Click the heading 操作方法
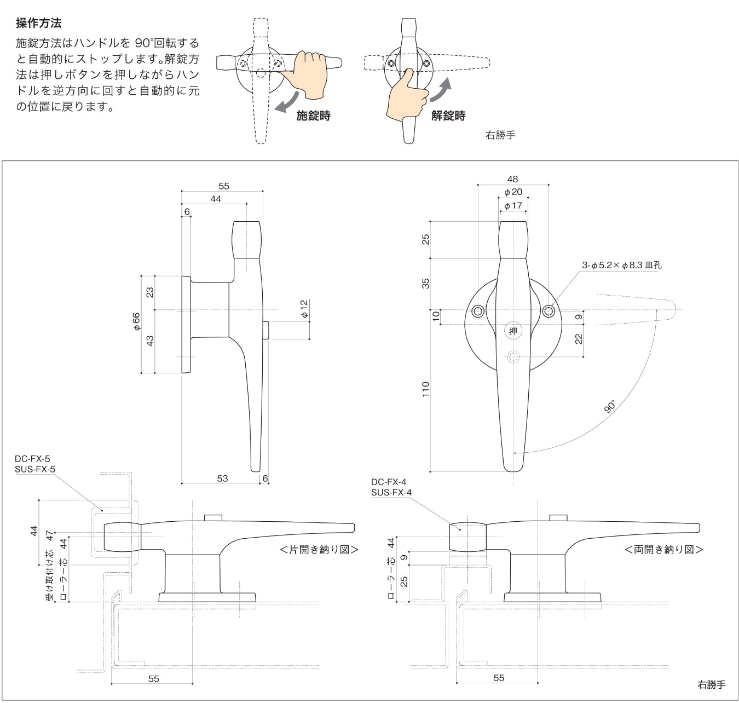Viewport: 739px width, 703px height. [39, 23]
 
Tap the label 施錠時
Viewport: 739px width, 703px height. [313, 116]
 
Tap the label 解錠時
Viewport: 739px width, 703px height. [448, 116]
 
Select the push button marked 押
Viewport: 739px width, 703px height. [513, 331]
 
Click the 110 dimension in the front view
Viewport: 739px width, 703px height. [426, 389]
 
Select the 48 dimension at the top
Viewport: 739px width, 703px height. [512, 179]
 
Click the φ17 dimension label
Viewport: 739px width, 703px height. [513, 206]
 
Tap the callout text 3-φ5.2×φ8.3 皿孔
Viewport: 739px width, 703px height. [621, 265]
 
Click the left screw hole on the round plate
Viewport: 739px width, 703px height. [478, 312]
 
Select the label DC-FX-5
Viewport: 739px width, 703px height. [32, 459]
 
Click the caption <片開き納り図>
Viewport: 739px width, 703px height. [319, 549]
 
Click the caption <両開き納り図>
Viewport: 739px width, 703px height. [663, 549]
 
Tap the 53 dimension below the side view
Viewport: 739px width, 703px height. [222, 478]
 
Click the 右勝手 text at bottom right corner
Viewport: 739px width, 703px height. [711, 684]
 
